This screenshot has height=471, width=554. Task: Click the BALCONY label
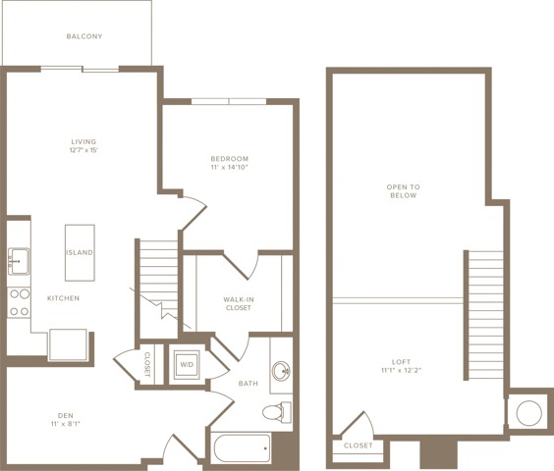click(x=84, y=36)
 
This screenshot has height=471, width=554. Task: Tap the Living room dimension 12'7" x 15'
click(x=83, y=150)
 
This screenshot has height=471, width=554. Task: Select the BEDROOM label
click(x=230, y=159)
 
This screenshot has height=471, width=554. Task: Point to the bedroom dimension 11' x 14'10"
click(x=230, y=167)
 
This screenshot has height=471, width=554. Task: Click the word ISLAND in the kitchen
click(x=80, y=252)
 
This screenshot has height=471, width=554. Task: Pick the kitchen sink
click(x=19, y=261)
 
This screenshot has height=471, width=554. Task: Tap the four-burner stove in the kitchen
click(x=19, y=302)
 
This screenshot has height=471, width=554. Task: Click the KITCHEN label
click(x=64, y=298)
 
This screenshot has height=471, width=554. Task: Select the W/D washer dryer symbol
click(x=187, y=365)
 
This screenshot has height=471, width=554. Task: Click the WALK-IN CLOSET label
click(x=239, y=303)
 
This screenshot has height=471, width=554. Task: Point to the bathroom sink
click(x=281, y=371)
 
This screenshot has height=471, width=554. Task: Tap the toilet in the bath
click(x=277, y=412)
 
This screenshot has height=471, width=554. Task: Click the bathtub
click(x=242, y=447)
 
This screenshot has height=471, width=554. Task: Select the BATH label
click(x=249, y=384)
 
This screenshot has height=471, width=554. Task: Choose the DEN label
click(x=66, y=416)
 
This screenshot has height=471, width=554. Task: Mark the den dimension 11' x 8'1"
click(x=66, y=424)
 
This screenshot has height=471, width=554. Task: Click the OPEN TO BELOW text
click(x=404, y=191)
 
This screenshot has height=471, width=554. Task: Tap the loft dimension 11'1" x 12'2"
click(x=402, y=370)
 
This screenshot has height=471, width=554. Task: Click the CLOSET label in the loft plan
click(x=359, y=445)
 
